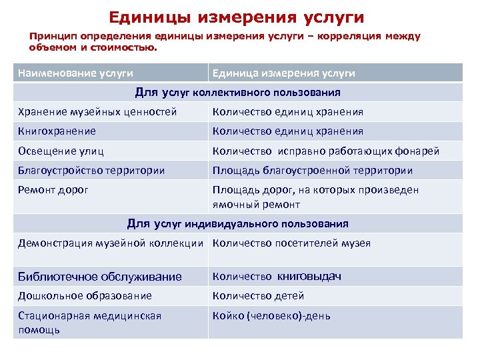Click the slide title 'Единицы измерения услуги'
(x=237, y=16)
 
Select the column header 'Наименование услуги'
(x=75, y=73)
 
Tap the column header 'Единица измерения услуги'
(x=283, y=73)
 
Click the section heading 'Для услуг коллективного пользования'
(x=238, y=92)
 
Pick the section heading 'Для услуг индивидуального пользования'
(x=237, y=223)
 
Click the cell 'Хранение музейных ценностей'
(x=97, y=112)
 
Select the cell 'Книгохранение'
(x=57, y=131)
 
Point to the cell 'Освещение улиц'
(x=61, y=151)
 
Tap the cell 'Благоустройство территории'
(x=91, y=171)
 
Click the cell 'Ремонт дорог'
(x=53, y=190)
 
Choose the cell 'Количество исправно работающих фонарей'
(x=326, y=151)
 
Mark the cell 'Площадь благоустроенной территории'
(x=313, y=171)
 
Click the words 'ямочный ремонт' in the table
(x=256, y=204)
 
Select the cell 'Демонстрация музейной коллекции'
(x=110, y=243)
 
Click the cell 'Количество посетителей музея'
(x=291, y=243)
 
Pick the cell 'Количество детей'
(x=258, y=295)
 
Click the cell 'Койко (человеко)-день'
(x=271, y=315)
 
